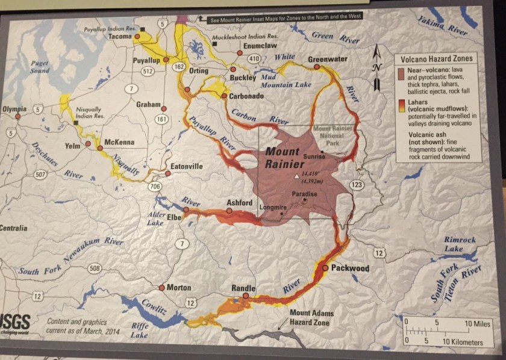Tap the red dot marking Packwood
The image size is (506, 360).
325,267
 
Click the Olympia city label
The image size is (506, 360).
14,109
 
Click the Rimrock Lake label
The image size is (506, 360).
460,244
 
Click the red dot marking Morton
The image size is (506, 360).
161,288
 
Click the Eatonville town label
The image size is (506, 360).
186,166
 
